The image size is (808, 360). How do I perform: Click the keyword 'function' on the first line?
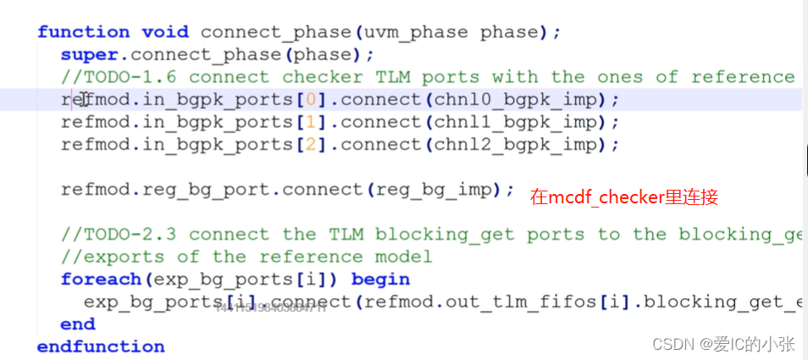[x=84, y=32]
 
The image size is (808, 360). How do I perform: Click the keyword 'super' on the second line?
[x=89, y=54]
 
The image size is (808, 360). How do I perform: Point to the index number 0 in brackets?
[x=312, y=99]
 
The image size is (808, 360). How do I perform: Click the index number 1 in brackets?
[x=312, y=121]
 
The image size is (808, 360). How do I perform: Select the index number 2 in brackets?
[x=312, y=143]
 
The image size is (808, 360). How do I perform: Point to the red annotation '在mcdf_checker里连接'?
[x=624, y=197]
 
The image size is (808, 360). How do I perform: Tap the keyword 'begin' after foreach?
[x=380, y=279]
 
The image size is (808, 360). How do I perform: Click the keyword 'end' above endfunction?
[x=78, y=324]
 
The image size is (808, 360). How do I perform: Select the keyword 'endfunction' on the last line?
[x=101, y=346]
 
